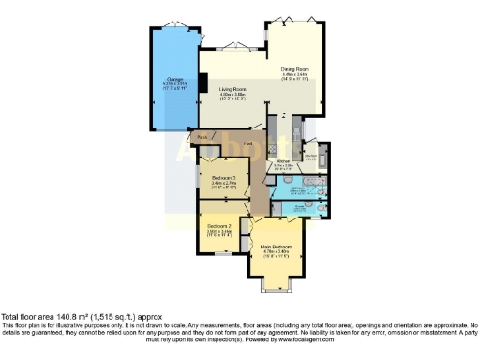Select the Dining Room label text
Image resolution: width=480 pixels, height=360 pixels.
(295, 67)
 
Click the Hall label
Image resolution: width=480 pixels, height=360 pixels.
(248, 142)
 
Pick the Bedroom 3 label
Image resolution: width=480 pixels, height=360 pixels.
(223, 177)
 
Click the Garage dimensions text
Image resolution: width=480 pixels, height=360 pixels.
(174, 86)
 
